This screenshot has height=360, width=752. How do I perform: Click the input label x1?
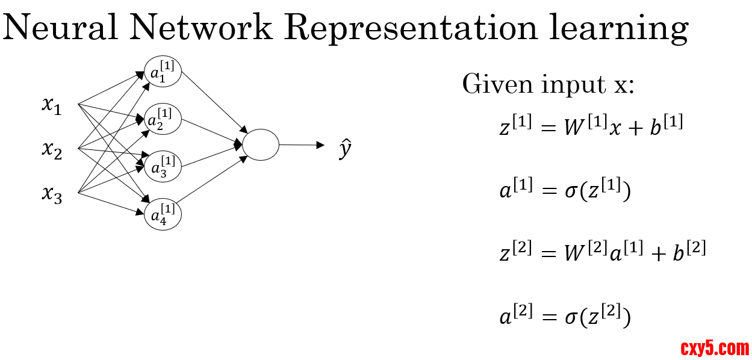tap(52, 106)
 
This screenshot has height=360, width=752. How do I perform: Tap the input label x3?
tap(52, 194)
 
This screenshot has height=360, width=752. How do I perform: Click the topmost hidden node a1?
tap(163, 72)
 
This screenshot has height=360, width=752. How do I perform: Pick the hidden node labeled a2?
tap(163, 119)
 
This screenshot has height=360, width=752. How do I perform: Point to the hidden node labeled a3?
tap(163, 167)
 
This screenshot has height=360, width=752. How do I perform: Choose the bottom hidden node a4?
tap(163, 215)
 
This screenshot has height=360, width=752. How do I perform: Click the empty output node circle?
tap(261, 144)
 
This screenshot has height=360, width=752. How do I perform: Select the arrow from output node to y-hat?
tap(301, 144)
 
